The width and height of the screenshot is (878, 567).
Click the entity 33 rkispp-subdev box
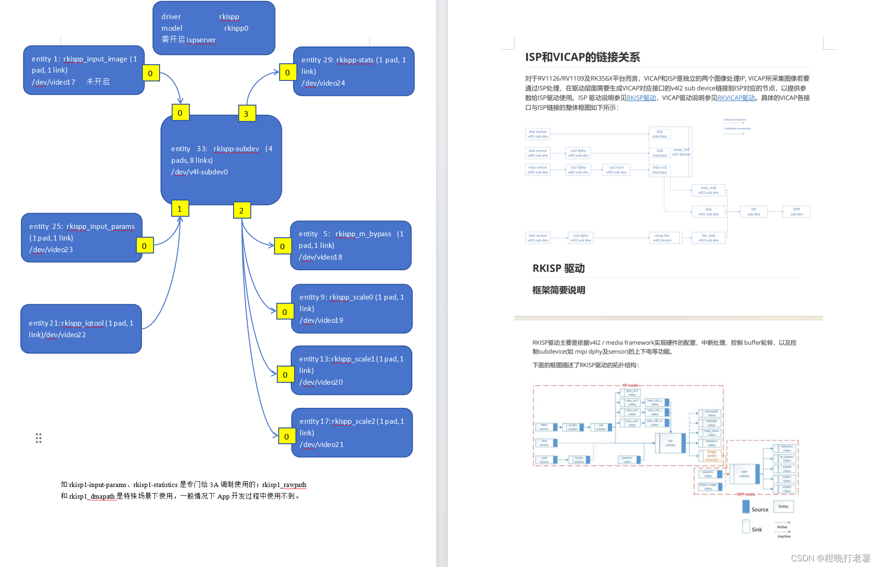coord(221,160)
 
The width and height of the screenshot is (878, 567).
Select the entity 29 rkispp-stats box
coord(354,71)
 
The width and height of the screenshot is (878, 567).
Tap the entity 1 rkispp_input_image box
coord(84,70)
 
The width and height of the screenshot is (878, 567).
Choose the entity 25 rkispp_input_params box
coord(81,238)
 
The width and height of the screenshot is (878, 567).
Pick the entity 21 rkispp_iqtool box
coord(81,329)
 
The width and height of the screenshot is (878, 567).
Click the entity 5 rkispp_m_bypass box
coord(351,245)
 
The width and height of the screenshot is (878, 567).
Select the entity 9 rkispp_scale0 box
coord(352,308)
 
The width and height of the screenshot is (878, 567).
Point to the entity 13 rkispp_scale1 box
coord(351,370)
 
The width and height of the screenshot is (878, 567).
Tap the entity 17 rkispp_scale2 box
coord(352,433)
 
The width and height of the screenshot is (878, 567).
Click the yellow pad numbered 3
coord(247,113)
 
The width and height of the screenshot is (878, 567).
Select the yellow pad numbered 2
coord(241,211)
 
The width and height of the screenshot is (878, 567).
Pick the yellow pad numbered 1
coord(180,209)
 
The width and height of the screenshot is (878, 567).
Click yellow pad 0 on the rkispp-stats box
coord(288,73)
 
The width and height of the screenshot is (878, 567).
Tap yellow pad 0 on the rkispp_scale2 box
coord(287,437)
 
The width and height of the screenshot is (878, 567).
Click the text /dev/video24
coord(323,83)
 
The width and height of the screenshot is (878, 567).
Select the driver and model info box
coord(214,28)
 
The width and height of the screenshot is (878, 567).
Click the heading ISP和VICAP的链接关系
coord(583,57)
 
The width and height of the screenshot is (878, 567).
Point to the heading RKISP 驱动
coord(558,268)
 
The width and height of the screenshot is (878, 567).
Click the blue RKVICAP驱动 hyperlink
coord(736,98)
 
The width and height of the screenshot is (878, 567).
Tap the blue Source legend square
coord(746,507)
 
